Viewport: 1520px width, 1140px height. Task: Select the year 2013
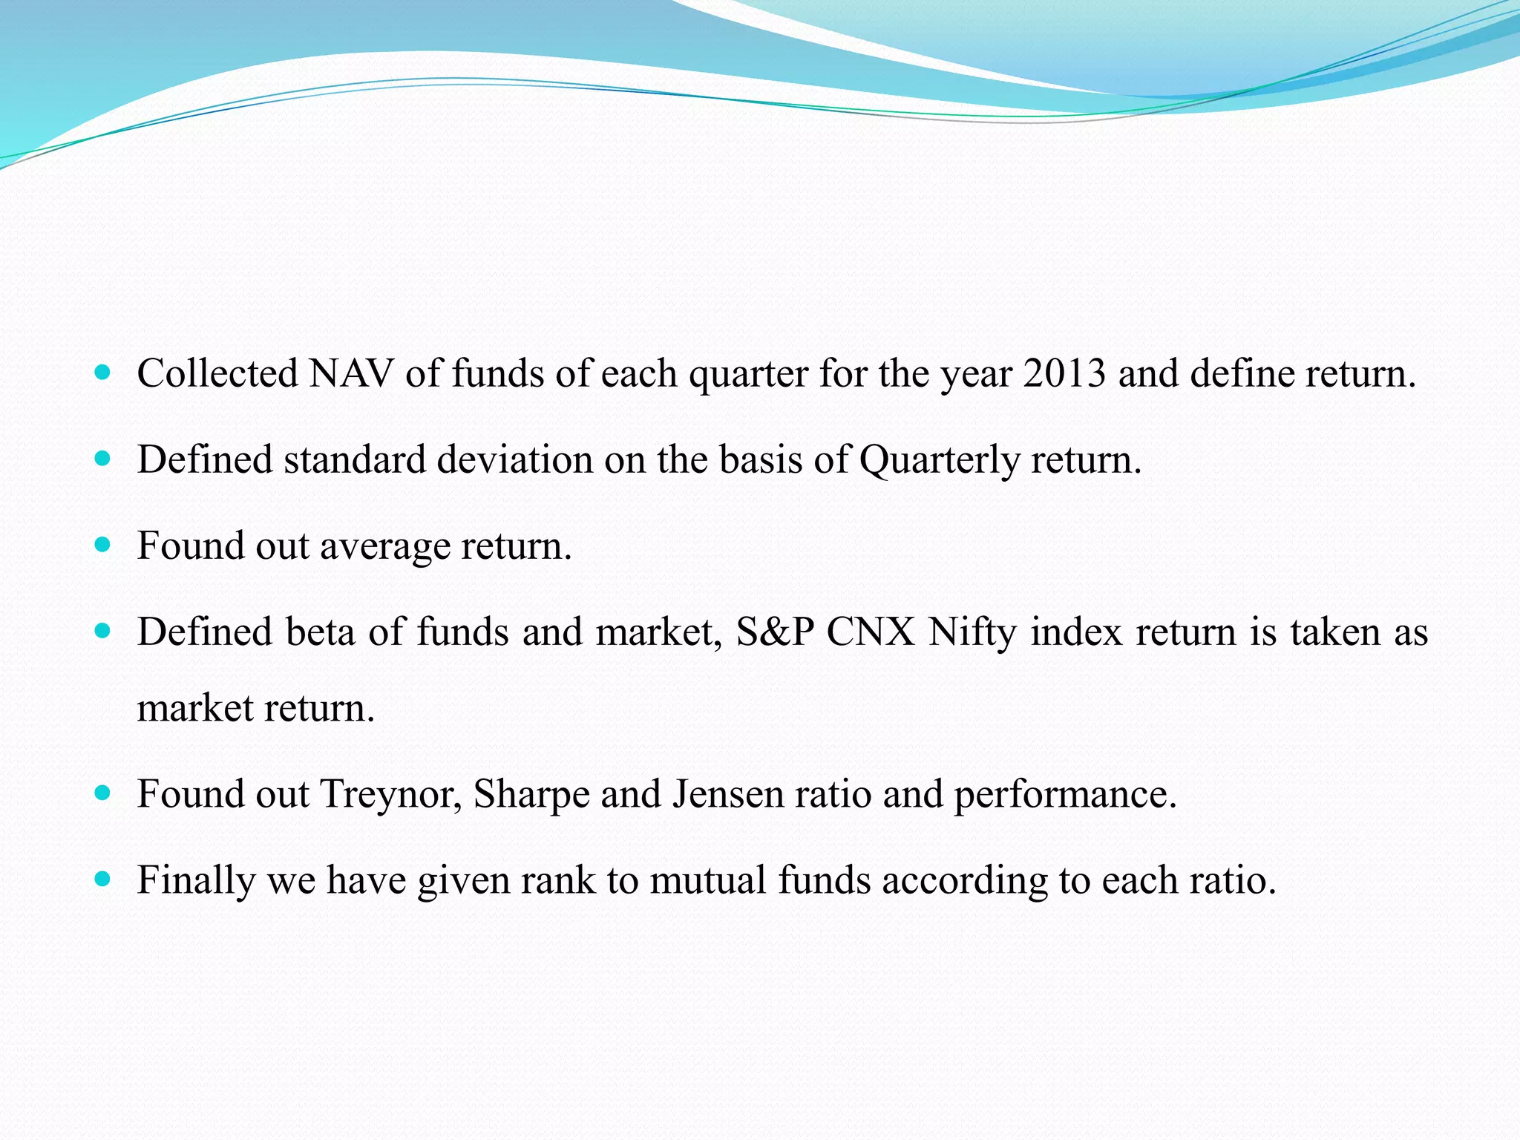click(x=1064, y=373)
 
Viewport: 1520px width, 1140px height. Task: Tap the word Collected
click(x=217, y=373)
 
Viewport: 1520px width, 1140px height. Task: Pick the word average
click(x=384, y=546)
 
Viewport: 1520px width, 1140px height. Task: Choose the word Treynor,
click(x=391, y=795)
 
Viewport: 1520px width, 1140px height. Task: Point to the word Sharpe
click(x=531, y=795)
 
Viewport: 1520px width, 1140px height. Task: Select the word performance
click(x=1065, y=795)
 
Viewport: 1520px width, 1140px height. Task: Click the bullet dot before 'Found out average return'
click(x=103, y=546)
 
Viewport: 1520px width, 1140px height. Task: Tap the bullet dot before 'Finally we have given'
click(x=103, y=879)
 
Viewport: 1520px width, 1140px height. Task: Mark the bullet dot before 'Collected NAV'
click(x=103, y=372)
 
